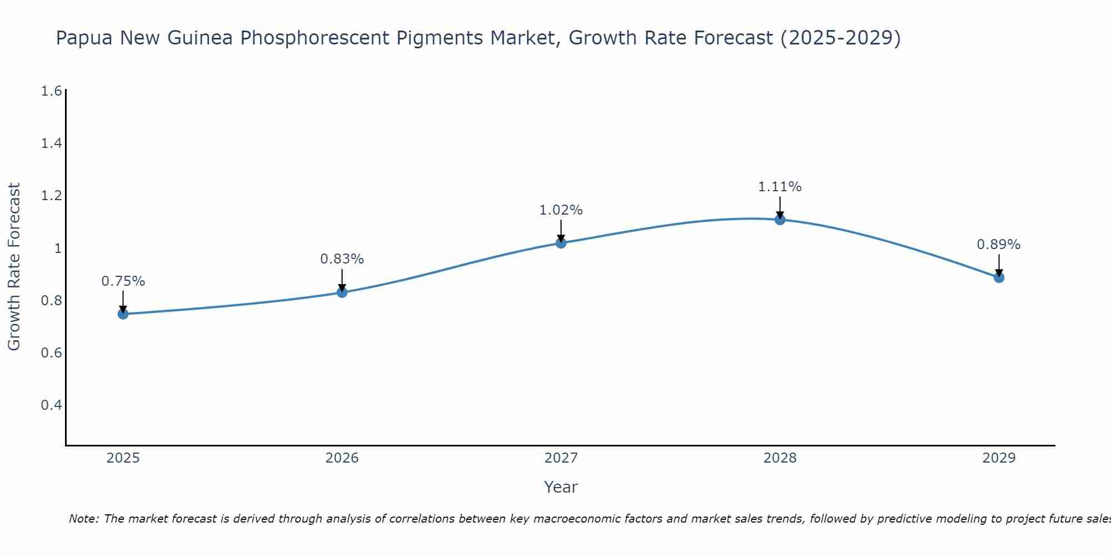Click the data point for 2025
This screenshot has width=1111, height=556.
[x=123, y=314]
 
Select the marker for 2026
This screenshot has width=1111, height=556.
[x=342, y=292]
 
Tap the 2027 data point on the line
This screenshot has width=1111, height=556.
[x=560, y=243]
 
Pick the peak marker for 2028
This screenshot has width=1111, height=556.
[x=779, y=220]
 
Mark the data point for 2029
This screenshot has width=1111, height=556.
[x=998, y=277]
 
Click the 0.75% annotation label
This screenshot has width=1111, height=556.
[x=123, y=281]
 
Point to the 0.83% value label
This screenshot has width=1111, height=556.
[x=342, y=259]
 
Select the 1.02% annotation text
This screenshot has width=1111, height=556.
[x=560, y=210]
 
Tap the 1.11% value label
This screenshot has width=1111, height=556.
[x=779, y=187]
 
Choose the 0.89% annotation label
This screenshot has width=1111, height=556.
[x=998, y=245]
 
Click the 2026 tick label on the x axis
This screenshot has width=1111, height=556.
[x=342, y=458]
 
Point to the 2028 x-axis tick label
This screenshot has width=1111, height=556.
[x=779, y=458]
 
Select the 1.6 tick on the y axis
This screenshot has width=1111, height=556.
[x=51, y=91]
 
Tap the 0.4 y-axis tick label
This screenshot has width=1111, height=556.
[x=51, y=405]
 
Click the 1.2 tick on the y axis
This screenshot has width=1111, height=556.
[x=51, y=196]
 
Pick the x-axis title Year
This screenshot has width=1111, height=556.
[x=560, y=487]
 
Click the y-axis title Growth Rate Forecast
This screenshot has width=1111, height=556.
[x=14, y=266]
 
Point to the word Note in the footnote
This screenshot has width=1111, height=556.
[x=83, y=519]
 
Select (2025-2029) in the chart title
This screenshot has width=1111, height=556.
[x=840, y=38]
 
